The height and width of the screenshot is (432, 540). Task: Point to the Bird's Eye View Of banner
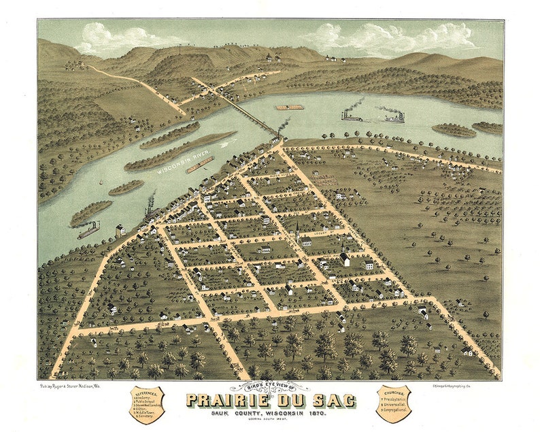(x=270, y=387)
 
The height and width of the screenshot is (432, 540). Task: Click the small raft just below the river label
(x=200, y=165)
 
